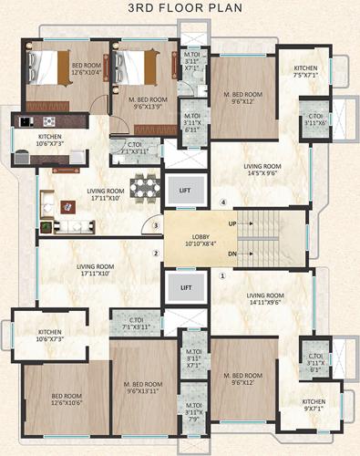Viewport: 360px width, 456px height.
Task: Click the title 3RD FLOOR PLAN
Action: tap(180, 13)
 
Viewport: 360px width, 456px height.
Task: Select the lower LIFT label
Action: tap(186, 287)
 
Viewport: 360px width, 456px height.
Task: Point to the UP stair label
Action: tap(232, 223)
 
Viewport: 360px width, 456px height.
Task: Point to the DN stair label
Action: tap(232, 253)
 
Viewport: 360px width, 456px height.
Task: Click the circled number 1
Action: tap(221, 274)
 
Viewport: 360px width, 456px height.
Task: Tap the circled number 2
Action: tap(156, 253)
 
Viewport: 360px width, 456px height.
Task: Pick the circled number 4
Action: tap(221, 202)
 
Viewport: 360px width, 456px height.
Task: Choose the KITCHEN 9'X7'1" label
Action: tap(319, 404)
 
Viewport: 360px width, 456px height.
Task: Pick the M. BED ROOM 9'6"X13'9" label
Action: tap(144, 103)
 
